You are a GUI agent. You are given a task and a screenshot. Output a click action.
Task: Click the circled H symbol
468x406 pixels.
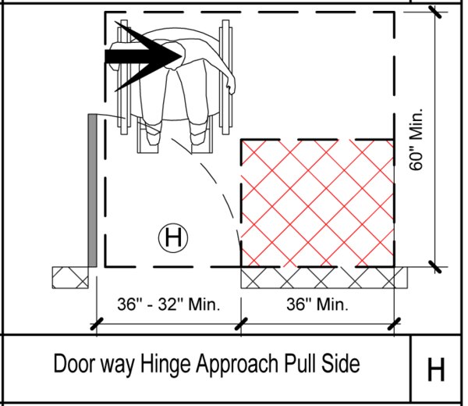tap(173, 238)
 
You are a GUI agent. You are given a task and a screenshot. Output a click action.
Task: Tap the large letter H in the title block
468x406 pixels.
tap(436, 369)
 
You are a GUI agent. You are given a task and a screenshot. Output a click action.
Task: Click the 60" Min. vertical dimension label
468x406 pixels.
tap(416, 139)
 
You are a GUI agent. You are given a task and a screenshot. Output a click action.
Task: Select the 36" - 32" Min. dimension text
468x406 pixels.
tap(168, 304)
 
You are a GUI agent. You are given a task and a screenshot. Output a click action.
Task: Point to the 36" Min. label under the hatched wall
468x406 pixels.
tap(317, 304)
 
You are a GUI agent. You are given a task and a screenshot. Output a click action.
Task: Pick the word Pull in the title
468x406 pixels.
tap(299, 363)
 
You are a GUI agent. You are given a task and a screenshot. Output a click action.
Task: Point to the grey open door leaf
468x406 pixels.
tap(93, 191)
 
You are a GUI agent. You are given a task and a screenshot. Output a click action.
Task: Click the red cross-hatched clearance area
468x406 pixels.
tap(317, 203)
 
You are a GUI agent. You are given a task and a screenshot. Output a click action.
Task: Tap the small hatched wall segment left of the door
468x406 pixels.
tap(70, 277)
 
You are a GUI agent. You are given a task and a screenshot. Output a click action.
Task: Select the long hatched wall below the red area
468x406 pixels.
tap(324, 277)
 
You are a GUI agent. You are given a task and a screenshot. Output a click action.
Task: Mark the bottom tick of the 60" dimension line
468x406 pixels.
tap(435, 266)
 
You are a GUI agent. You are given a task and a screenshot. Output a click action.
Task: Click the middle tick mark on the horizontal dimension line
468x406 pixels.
tap(241, 324)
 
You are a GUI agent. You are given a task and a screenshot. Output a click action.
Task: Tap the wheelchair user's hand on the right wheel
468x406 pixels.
tap(230, 86)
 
